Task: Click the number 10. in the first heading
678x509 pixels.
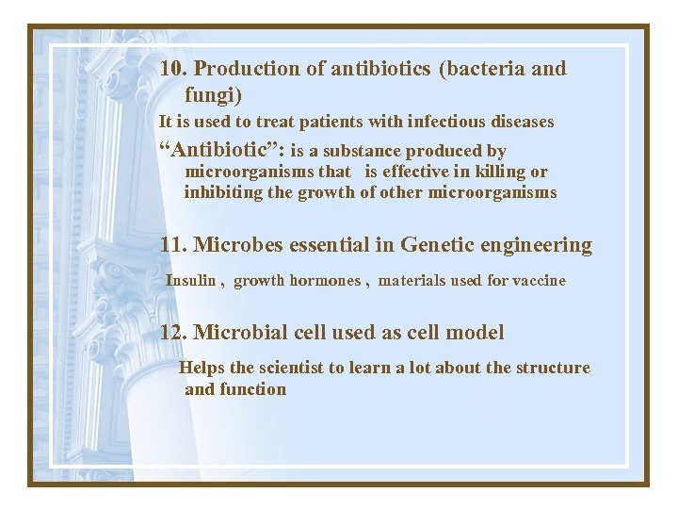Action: (174, 69)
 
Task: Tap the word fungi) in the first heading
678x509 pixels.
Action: (214, 95)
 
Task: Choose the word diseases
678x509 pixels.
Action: (521, 122)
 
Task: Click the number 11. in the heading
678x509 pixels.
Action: (174, 246)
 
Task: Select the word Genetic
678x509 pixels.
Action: (439, 246)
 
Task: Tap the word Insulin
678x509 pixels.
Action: (191, 281)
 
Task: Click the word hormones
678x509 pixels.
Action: (324, 281)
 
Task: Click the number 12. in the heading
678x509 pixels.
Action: (174, 333)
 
